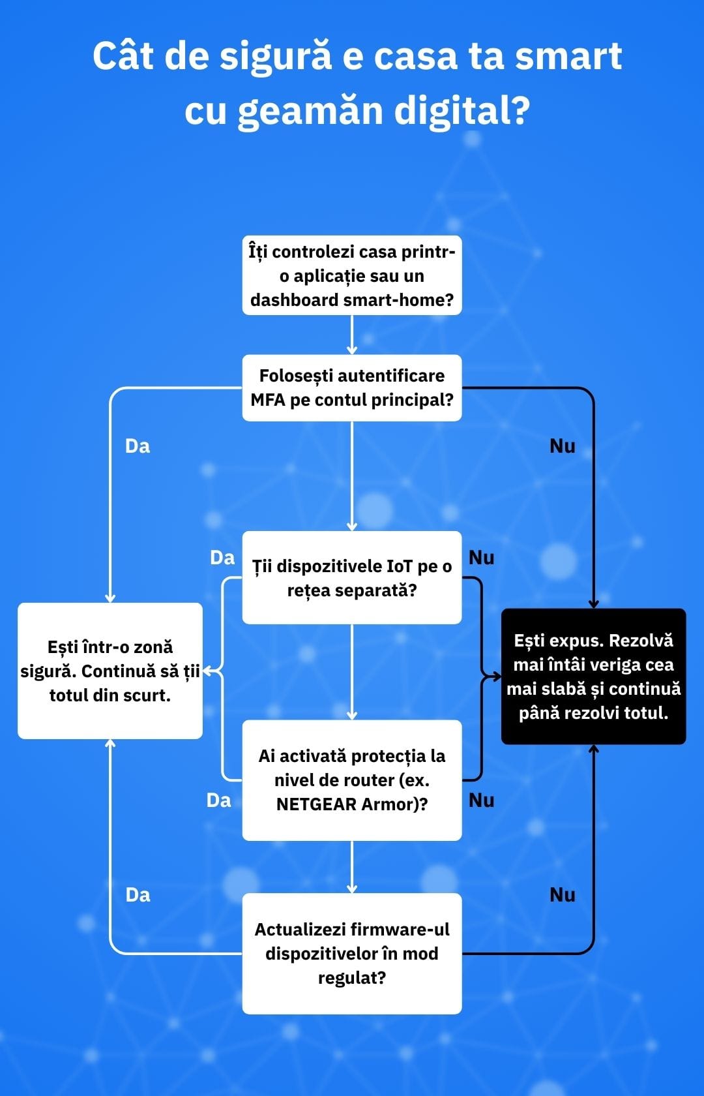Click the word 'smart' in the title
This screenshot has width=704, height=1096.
[x=568, y=56]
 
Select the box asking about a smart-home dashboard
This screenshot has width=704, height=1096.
[x=352, y=275]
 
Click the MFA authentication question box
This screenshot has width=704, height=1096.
[x=352, y=388]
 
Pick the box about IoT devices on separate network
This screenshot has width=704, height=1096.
[x=352, y=577]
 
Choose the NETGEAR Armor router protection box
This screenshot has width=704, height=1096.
[x=352, y=780]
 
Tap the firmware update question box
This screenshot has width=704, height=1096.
[x=352, y=953]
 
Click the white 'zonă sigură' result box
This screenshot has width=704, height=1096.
[x=110, y=671]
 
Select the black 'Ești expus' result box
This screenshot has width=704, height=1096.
[x=593, y=677]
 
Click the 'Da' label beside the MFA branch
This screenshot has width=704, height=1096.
[x=138, y=446]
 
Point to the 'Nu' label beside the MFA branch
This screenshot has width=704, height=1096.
[x=563, y=446]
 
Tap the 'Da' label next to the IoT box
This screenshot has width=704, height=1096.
[x=222, y=558]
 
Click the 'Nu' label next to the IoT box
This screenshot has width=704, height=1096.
[x=482, y=558]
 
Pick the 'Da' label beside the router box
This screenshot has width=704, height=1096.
[x=218, y=800]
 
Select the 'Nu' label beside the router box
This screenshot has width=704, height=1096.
[x=482, y=800]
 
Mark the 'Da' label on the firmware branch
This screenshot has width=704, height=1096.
[x=138, y=895]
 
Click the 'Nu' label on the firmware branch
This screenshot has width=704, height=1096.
[x=563, y=895]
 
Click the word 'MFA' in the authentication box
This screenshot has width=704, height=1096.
[x=268, y=400]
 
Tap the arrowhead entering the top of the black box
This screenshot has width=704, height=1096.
[x=593, y=604]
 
